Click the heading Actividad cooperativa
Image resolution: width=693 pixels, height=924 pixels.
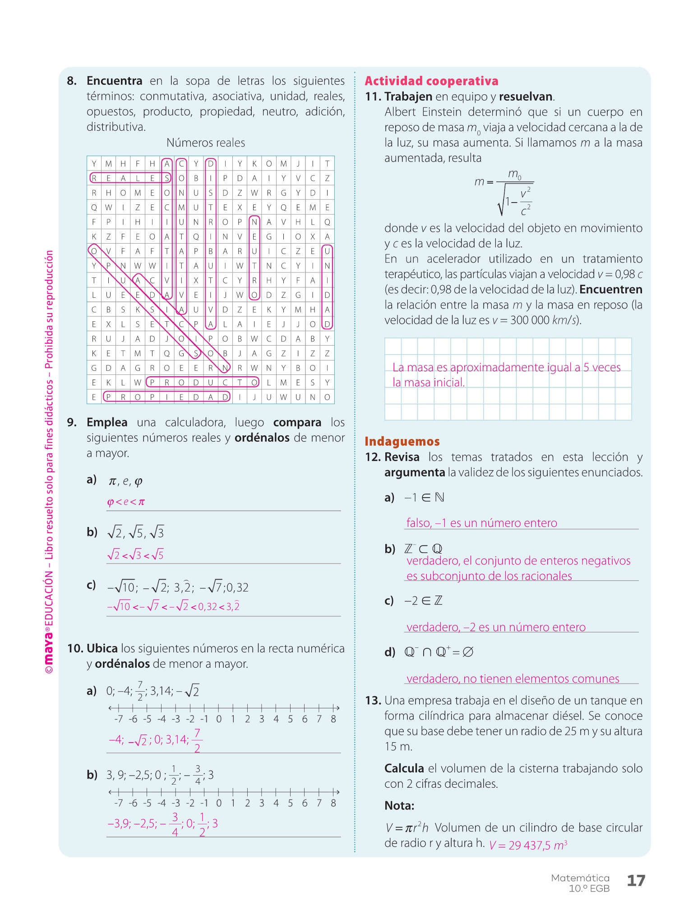click(431, 81)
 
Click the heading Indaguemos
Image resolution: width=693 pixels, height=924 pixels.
click(402, 441)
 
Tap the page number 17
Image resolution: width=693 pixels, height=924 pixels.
click(636, 881)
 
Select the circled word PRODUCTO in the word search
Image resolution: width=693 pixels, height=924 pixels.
click(203, 383)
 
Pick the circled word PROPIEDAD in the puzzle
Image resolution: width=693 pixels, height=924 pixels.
click(167, 397)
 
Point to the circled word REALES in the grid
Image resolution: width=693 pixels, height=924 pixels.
click(130, 178)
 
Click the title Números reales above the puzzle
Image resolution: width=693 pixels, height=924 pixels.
click(206, 143)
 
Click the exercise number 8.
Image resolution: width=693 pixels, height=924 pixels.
click(72, 81)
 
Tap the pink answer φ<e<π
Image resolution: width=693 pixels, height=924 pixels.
click(126, 502)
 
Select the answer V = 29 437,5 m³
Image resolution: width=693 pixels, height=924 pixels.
click(528, 845)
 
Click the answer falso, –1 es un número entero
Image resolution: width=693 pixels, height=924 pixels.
click(481, 523)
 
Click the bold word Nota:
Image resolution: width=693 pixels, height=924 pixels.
click(399, 806)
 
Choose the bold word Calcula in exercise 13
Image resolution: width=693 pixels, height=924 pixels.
click(404, 768)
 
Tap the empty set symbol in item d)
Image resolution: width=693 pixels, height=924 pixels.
click(468, 652)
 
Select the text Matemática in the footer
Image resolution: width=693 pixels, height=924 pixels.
click(580, 878)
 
